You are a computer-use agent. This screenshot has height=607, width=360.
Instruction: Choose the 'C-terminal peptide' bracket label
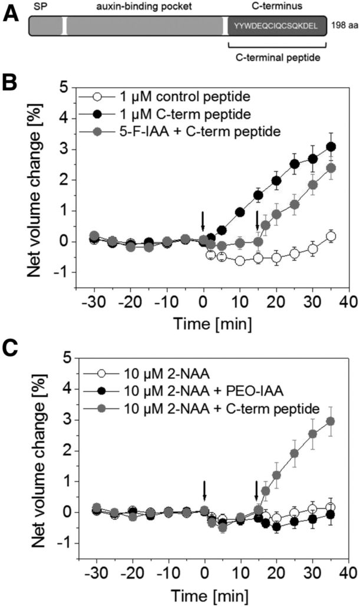(x=276, y=57)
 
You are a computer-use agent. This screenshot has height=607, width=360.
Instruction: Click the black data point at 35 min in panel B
(x=315, y=146)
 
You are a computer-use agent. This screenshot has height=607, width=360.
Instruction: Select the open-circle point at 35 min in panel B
(x=315, y=236)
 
